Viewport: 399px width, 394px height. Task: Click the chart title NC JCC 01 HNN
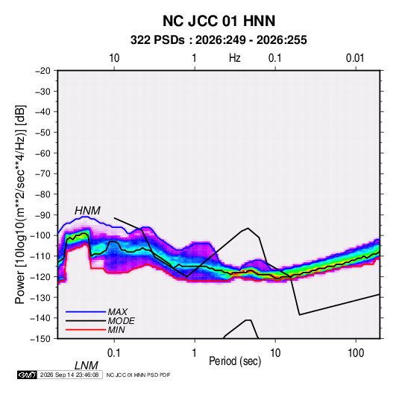click(219, 21)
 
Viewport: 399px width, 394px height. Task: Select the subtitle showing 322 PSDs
click(219, 40)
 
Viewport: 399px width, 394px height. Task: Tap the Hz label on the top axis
click(235, 58)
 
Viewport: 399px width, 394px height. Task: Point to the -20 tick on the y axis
click(43, 71)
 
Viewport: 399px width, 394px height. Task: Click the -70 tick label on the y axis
click(43, 174)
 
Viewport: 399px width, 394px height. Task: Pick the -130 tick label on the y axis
click(40, 297)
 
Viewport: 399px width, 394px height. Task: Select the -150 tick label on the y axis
click(40, 339)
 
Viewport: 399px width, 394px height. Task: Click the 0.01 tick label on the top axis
click(355, 58)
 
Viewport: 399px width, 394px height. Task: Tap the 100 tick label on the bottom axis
click(356, 353)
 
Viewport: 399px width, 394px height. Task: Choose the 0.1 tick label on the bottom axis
click(114, 353)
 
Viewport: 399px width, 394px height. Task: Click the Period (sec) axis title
click(235, 361)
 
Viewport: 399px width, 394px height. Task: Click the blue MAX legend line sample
click(86, 311)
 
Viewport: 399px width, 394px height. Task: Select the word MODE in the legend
click(121, 321)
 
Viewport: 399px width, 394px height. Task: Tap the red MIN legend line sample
click(86, 330)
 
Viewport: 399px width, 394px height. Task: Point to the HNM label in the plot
click(87, 211)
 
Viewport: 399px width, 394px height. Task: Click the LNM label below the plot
click(86, 366)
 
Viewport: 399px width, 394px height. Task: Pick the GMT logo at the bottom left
click(27, 375)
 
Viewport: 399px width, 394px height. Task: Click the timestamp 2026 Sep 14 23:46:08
click(69, 375)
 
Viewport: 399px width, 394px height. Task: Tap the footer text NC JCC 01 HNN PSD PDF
click(138, 375)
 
